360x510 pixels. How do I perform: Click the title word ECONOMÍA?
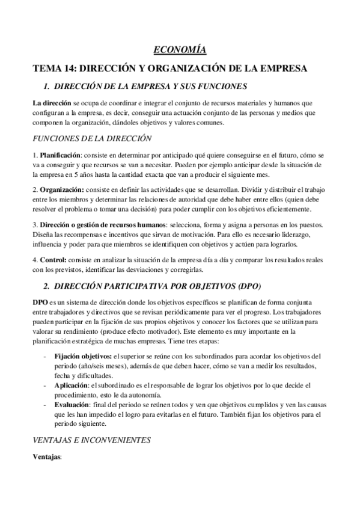pyautogui.click(x=180, y=51)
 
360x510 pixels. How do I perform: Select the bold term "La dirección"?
pyautogui.click(x=52, y=103)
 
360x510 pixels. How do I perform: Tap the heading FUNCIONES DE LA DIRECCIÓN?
pyautogui.click(x=92, y=138)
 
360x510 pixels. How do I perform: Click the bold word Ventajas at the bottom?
pyautogui.click(x=47, y=457)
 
